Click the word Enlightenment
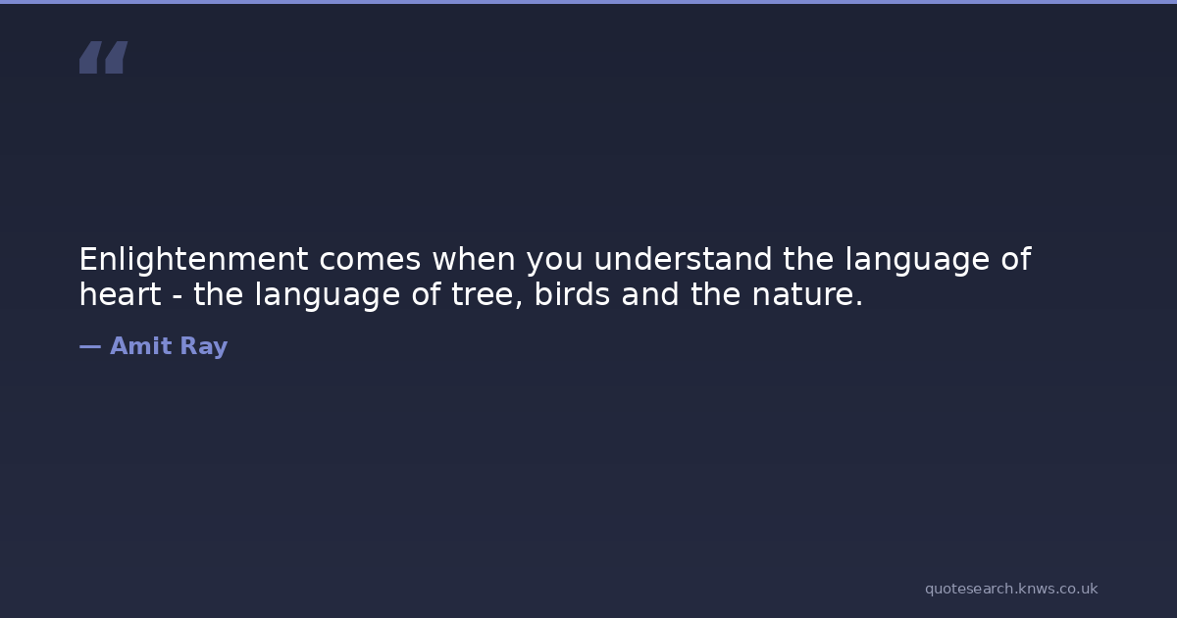[x=193, y=260]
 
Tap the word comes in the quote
[x=370, y=260]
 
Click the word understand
[x=683, y=259]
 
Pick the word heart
[x=121, y=293]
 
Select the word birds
[x=572, y=293]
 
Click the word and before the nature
[x=650, y=293]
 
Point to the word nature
[x=807, y=295]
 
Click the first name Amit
[x=141, y=345]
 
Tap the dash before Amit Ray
[x=90, y=347]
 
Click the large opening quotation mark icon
[x=104, y=57]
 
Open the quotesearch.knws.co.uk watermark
[x=1011, y=589]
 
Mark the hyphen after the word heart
[x=178, y=297]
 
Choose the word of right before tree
[x=426, y=293]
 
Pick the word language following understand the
[x=917, y=260]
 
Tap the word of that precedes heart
[x=1016, y=259]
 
